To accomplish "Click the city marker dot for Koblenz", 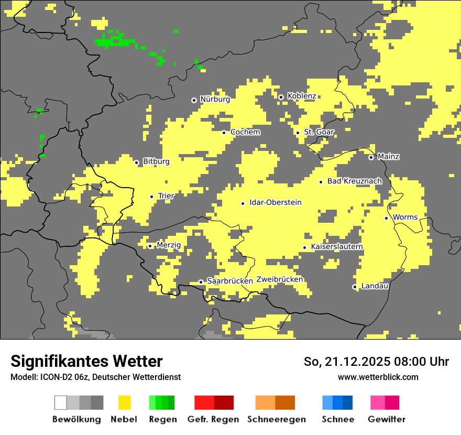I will tap(281, 97).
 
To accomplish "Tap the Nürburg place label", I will tap(215, 99).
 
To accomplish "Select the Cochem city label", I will tap(245, 132).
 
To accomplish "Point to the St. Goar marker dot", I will tap(298, 133).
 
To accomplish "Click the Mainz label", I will tap(388, 157).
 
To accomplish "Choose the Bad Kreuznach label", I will tap(354, 181).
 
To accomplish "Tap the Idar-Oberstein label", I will tap(276, 202).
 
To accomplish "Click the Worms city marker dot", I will tap(386, 218).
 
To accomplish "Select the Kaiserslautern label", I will tap(337, 247).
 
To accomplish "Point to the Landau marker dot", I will tap(355, 287).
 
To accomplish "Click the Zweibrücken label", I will tap(279, 279).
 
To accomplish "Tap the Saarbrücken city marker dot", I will tap(201, 282).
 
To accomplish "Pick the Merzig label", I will tap(169, 245).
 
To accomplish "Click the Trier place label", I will tap(166, 196).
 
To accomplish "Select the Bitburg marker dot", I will tap(137, 162).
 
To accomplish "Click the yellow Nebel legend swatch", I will tap(124, 403).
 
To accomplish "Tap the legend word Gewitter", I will tap(386, 419).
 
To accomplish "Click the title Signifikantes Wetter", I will tap(86, 361).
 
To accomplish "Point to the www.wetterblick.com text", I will tap(378, 377).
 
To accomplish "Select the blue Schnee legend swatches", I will tap(337, 403).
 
